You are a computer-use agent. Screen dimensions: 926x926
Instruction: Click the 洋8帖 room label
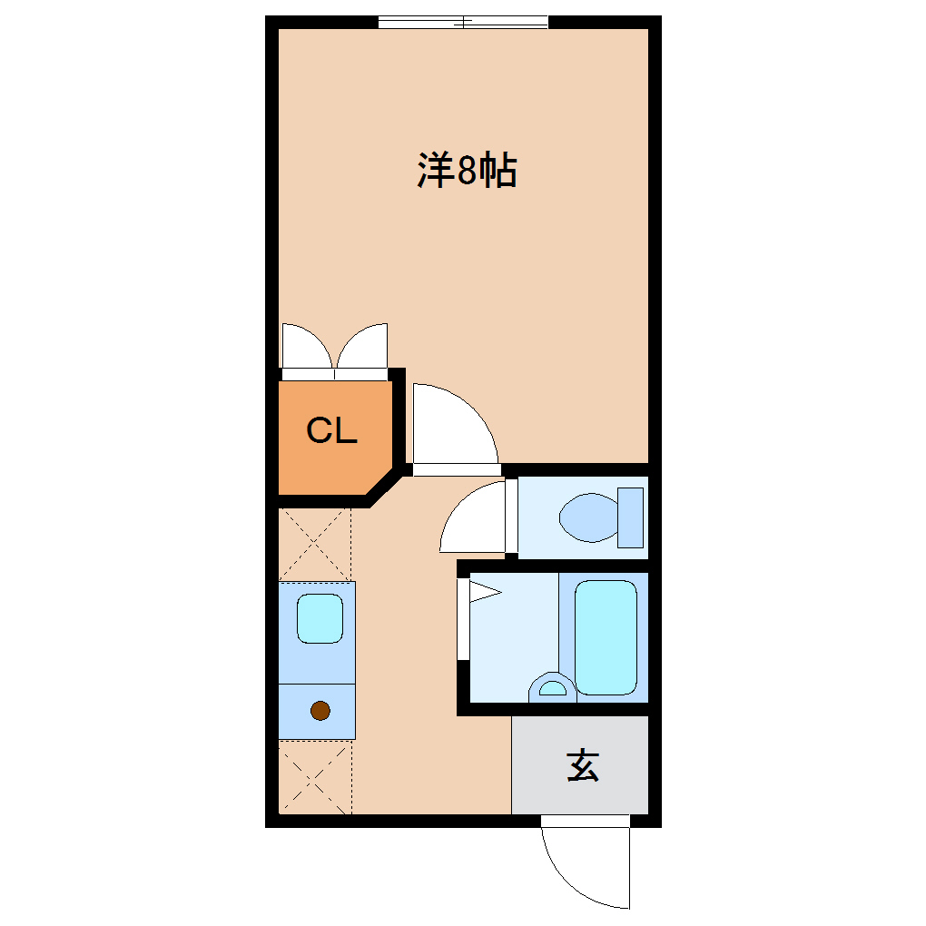[x=467, y=171]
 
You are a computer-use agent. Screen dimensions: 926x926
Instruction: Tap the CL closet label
[x=331, y=430]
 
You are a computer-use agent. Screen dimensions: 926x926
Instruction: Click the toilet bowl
[x=587, y=517]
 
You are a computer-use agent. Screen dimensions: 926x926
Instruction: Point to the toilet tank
[x=630, y=517]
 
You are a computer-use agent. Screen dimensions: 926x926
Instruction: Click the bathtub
[x=606, y=636]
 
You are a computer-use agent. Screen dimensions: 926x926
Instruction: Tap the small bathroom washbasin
[x=551, y=687]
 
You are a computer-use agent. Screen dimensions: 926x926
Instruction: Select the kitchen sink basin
[x=320, y=618]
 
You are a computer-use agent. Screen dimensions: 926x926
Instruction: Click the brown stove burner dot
[x=320, y=711]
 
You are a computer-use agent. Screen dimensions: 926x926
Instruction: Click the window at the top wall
[x=463, y=22]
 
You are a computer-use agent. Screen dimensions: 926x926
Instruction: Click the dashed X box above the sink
[x=314, y=545]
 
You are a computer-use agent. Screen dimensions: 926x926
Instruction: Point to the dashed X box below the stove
[x=314, y=777]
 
